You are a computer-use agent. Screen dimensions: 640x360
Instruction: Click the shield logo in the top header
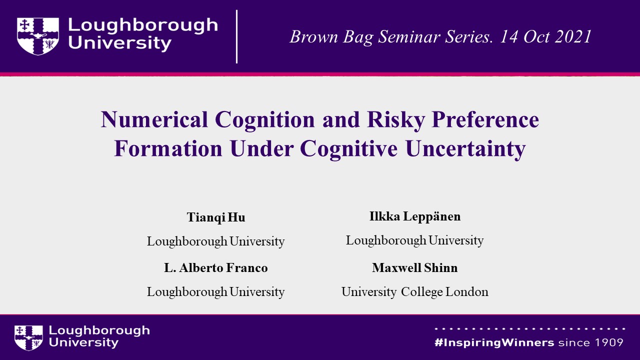pos(38,36)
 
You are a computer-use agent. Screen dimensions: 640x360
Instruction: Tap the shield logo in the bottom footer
pos(28,337)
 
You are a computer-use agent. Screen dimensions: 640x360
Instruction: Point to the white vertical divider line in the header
pos(237,36)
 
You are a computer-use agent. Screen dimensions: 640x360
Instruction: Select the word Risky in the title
pos(396,120)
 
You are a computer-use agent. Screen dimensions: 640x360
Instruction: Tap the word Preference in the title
pos(485,119)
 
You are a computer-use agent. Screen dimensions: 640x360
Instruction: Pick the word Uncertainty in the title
pos(465,149)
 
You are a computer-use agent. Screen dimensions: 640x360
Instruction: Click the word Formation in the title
pos(168,148)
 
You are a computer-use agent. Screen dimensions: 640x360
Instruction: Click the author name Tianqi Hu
pos(216,217)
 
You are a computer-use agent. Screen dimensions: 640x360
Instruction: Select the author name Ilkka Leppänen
pos(415,216)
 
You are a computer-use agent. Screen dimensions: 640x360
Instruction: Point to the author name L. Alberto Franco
pos(216,267)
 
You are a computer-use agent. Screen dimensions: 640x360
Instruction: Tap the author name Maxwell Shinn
pos(415,267)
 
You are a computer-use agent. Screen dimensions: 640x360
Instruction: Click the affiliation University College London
pos(415,292)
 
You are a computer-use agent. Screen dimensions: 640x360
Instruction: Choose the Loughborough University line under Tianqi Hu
pos(215,241)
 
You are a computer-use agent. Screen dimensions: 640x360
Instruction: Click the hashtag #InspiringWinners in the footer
pos(494,342)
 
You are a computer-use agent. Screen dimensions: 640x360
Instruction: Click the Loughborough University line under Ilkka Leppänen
pos(415,240)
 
